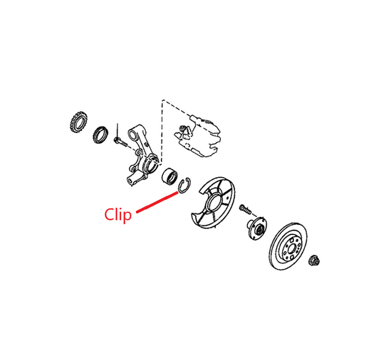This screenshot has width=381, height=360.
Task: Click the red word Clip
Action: [118, 215]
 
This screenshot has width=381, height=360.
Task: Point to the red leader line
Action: [157, 202]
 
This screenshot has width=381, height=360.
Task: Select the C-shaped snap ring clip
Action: [185, 186]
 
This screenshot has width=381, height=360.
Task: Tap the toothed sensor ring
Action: [78, 122]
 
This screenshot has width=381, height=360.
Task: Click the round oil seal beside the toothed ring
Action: [100, 134]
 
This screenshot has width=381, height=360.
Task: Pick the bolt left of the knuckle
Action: [120, 142]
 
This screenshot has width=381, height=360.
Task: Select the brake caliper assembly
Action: [197, 137]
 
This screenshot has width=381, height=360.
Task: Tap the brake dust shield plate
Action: [213, 203]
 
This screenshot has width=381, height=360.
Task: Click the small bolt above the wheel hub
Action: [245, 209]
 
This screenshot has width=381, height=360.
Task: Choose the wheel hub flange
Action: [257, 228]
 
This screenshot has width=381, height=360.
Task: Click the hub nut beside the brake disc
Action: [314, 260]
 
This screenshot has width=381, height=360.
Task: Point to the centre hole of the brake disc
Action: [291, 248]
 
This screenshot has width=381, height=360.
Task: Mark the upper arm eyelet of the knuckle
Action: [132, 134]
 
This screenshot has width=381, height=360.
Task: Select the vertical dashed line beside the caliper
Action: [162, 131]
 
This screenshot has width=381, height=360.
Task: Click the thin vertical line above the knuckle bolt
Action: [118, 130]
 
